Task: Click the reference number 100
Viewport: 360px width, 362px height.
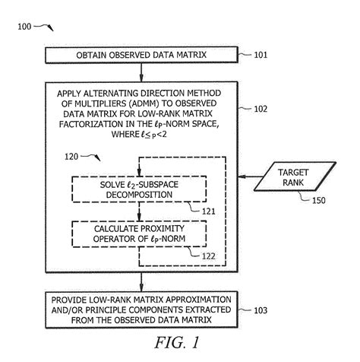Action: (x=24, y=27)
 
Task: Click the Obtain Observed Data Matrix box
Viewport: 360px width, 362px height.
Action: (x=143, y=55)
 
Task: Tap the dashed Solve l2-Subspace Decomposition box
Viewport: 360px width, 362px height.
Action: (x=141, y=189)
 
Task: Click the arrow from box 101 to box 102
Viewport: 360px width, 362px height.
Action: (x=143, y=71)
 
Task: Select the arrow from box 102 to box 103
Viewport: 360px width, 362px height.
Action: (x=143, y=281)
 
